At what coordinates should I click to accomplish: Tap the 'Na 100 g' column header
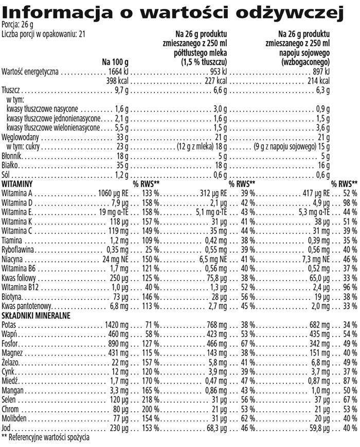(x=114, y=62)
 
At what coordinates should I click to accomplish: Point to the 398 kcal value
(x=117, y=81)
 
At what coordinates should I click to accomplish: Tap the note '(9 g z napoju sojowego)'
(x=286, y=146)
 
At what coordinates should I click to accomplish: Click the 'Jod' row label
(x=7, y=428)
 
